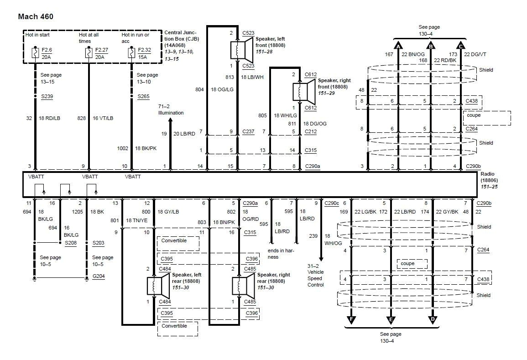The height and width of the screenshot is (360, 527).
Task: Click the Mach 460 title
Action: pyautogui.click(x=36, y=17)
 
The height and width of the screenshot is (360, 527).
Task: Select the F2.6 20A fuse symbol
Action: pyautogui.click(x=35, y=53)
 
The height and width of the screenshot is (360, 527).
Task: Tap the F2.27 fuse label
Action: pyautogui.click(x=101, y=50)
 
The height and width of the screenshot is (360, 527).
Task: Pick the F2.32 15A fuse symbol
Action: pyautogui.click(x=131, y=53)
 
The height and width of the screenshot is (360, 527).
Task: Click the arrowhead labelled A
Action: pyautogui.click(x=398, y=46)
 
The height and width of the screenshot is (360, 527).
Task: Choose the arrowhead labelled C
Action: pyautogui.click(x=460, y=46)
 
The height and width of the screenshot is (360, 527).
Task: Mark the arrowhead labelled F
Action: pyautogui.click(x=351, y=320)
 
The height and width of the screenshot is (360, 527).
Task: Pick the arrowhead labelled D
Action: pyautogui.click(x=433, y=320)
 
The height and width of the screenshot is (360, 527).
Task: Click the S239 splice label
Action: pyautogui.click(x=47, y=96)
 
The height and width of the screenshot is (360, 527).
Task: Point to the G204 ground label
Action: pyautogui.click(x=98, y=277)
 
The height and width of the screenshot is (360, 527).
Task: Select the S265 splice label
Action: pyautogui.click(x=143, y=96)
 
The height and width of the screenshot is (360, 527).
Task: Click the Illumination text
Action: pyautogui.click(x=171, y=113)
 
